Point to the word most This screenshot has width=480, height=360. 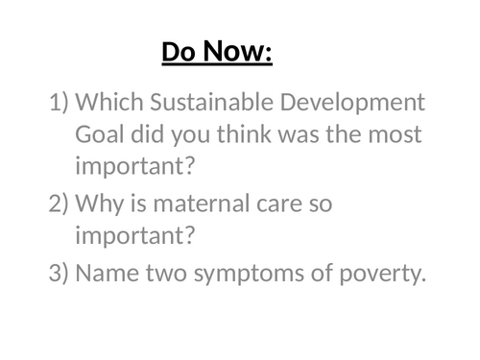click(x=400, y=135)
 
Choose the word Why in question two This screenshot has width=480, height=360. click(x=97, y=204)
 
